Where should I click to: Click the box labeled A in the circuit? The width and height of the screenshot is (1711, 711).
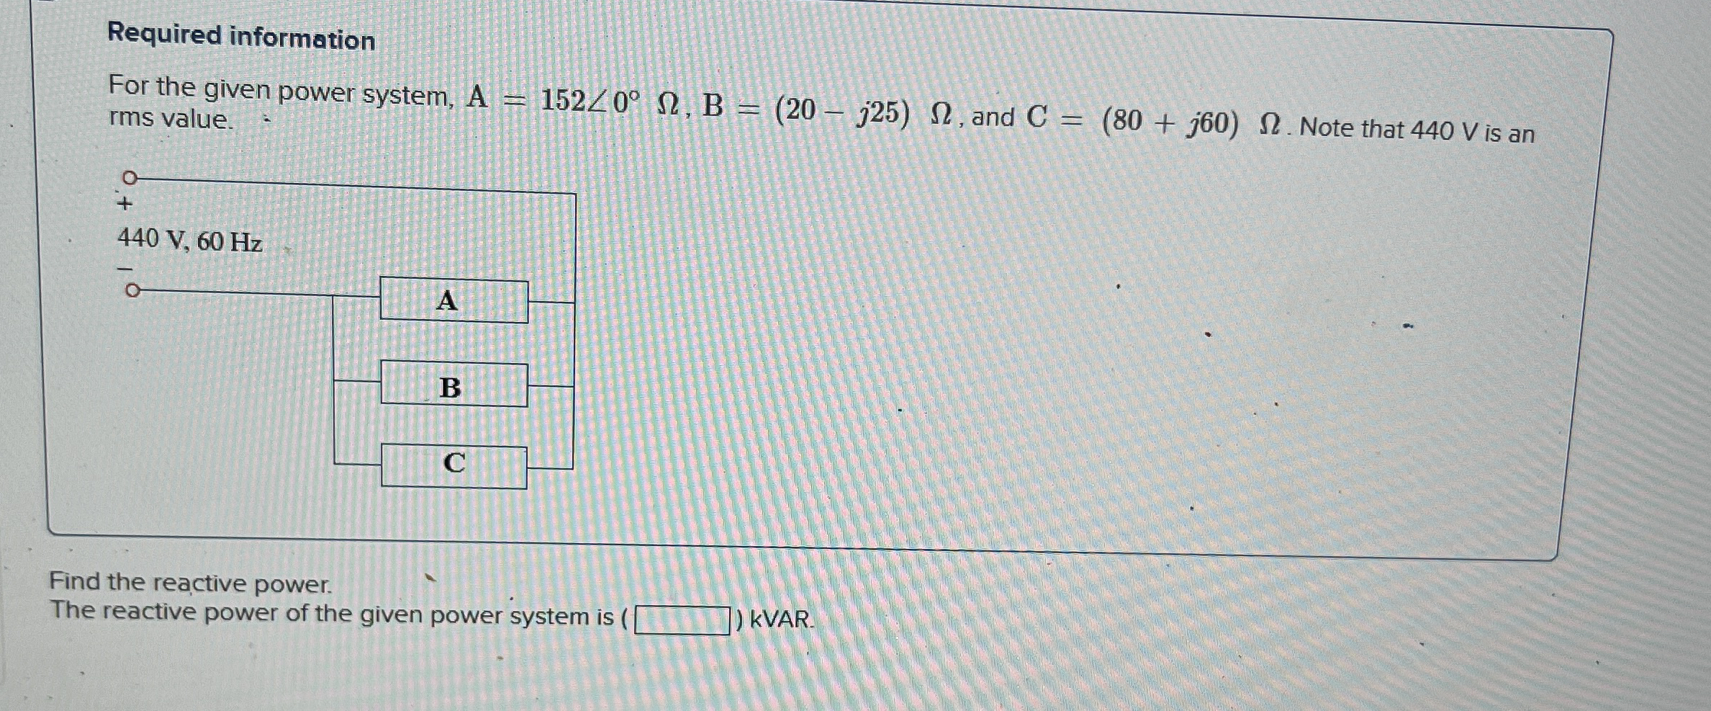(453, 300)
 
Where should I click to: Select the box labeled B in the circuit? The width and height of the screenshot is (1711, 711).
(453, 385)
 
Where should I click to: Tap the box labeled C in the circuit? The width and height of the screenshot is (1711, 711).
(453, 466)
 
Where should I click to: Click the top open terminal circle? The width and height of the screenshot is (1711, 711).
(130, 177)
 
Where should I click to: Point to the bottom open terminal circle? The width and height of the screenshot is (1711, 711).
(131, 290)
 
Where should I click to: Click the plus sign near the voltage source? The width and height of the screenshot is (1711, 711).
(125, 205)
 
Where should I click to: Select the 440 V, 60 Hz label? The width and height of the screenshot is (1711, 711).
(190, 240)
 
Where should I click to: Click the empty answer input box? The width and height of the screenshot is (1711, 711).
(682, 620)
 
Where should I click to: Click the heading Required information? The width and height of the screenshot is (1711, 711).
(241, 37)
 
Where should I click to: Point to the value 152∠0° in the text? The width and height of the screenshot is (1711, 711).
(590, 102)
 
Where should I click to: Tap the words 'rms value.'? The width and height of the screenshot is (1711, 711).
(171, 118)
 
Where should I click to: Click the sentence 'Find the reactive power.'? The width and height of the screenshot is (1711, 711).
(191, 582)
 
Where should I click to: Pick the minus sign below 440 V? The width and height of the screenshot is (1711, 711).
(126, 268)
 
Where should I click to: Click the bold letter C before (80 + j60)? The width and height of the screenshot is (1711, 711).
(1037, 117)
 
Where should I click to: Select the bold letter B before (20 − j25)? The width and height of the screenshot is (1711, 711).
(713, 106)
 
